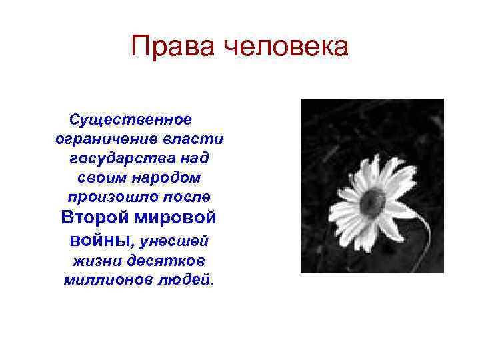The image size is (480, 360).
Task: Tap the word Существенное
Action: pos(131,119)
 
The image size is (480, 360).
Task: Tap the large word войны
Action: pos(93,239)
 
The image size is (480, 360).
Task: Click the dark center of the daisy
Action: pos(372,199)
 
